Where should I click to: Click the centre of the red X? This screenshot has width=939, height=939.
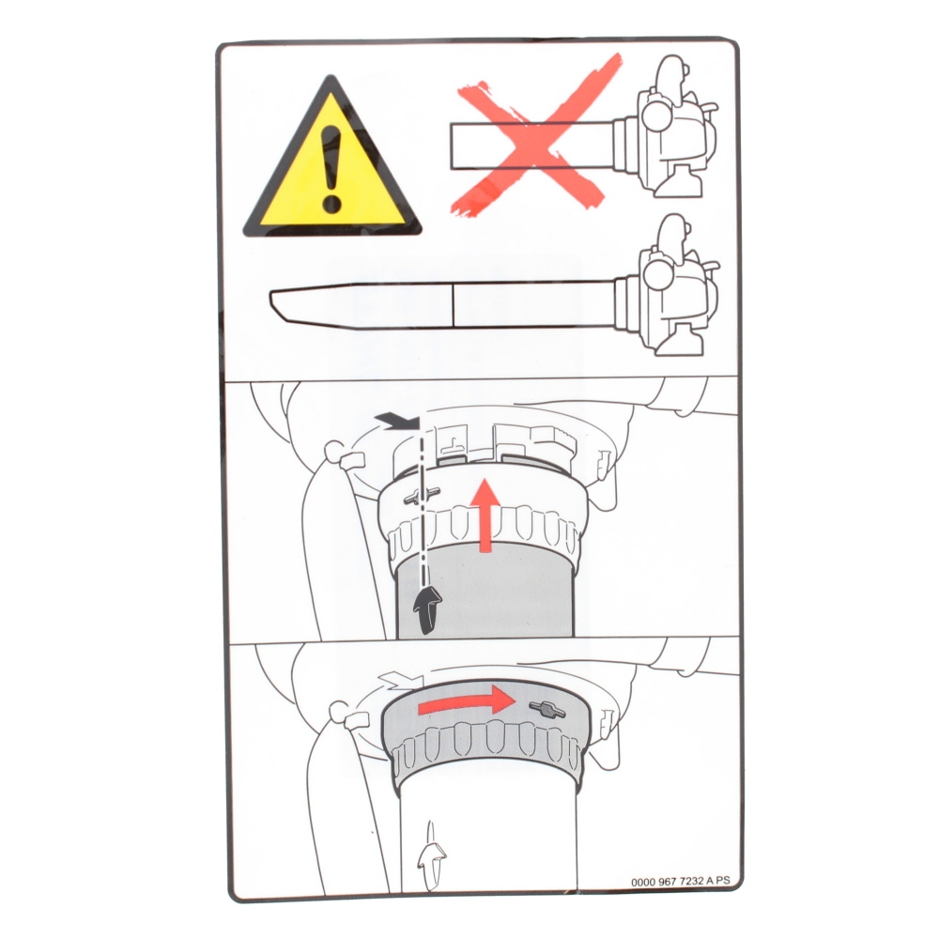[x=537, y=142]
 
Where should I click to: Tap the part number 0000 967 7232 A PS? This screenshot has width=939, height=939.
[x=681, y=881]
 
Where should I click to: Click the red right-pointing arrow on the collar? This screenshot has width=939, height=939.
[x=467, y=700]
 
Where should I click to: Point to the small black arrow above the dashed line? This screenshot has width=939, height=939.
[x=395, y=421]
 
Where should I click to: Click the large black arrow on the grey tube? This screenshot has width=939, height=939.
[x=427, y=609]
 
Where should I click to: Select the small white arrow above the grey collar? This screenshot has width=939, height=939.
[x=401, y=680]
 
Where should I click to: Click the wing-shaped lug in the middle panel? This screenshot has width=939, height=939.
[x=422, y=495]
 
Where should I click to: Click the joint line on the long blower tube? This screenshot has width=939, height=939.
[x=454, y=305]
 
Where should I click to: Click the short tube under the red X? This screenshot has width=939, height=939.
[x=531, y=146]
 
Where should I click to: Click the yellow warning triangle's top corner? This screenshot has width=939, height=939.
[x=330, y=75]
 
